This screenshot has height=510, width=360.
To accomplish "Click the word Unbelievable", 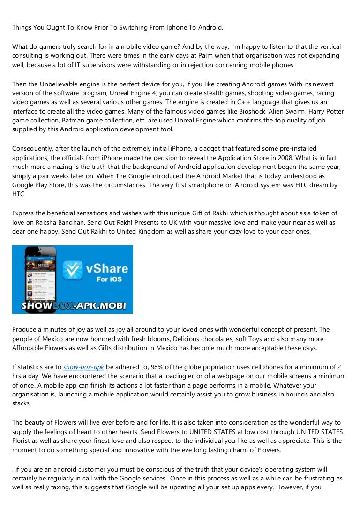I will coord(60,84).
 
